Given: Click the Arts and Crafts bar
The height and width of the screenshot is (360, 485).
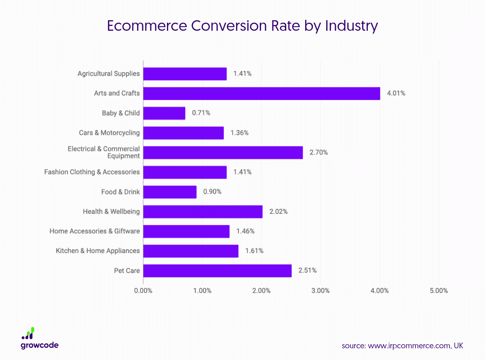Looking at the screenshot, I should coord(261,93).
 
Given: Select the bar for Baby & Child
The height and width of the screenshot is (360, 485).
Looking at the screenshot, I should coord(164,113).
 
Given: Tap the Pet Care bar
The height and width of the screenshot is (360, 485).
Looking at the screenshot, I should coord(217,271).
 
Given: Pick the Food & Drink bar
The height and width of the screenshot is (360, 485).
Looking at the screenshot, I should coord(170,192).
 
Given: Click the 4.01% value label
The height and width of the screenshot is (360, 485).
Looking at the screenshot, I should coord(396,93).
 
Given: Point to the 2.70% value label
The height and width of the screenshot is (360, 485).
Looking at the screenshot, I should coord(318,152).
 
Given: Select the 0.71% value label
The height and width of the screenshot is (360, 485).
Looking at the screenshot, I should coord(201,113).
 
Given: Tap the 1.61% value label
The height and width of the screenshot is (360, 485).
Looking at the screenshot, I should coord(254,251).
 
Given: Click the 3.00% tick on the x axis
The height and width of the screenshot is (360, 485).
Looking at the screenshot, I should coord(321,291).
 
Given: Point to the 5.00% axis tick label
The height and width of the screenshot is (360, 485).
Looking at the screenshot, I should coord(439,291).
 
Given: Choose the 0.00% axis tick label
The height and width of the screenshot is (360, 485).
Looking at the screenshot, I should coord(143,291).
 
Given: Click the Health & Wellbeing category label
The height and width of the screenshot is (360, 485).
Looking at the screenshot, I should coord(111,212).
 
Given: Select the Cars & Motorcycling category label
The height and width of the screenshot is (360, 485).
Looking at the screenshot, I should coord(109,133).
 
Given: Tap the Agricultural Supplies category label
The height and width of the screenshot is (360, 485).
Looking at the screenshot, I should coord(108,74).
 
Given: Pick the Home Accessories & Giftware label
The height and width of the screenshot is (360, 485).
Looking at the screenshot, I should coord(95,231).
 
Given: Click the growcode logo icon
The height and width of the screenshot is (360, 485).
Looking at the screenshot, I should coord(28,333).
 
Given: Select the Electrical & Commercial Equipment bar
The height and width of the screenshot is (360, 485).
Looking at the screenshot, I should coord(223,152).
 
